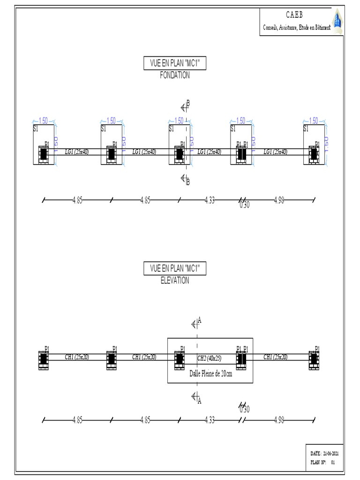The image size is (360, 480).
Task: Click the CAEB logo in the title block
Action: coord(337,21)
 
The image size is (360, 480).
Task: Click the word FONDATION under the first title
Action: coord(175,75)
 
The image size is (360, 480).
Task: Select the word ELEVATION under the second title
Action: coord(175,281)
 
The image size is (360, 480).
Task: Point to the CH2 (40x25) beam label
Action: coord(209,358)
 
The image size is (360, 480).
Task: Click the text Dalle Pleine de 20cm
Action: coord(210,374)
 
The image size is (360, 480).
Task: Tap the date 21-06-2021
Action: coord(330,454)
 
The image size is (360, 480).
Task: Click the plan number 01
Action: coord(333,462)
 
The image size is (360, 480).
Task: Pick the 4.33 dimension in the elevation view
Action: coord(210,420)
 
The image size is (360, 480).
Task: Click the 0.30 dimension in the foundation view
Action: coord(244,205)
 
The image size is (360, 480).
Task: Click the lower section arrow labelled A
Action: coord(195,398)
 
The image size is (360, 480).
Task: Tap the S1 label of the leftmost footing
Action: coord(36,128)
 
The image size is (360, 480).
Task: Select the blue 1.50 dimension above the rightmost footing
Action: coord(314,120)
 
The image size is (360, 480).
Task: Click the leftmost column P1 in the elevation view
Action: coord(44,360)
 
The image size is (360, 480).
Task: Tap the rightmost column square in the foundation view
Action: coord(314,154)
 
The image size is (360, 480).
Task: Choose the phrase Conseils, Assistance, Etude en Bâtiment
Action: coord(296,28)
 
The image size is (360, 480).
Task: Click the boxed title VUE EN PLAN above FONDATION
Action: coord(175,63)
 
